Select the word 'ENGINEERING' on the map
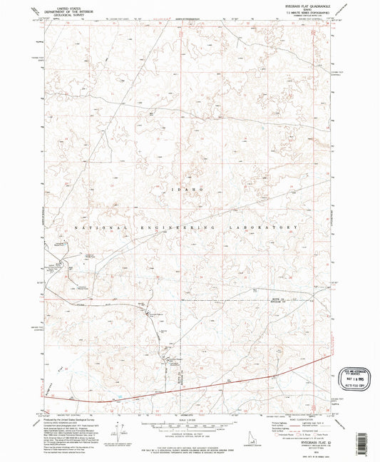186,227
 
